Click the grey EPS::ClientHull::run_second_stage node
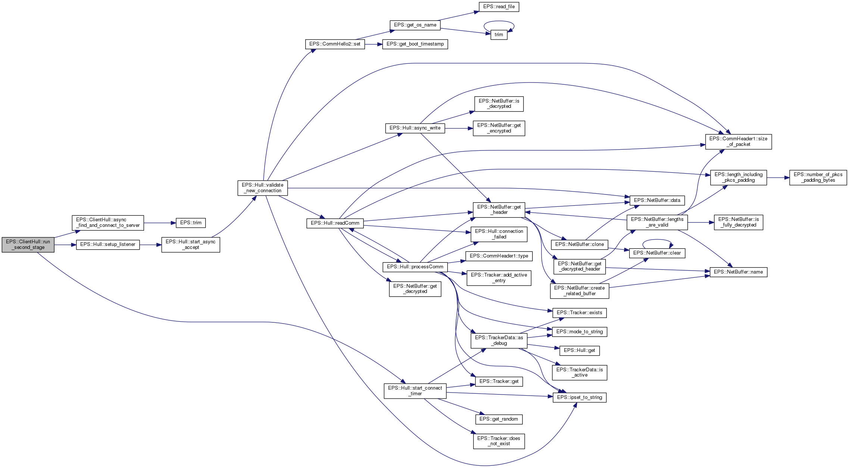click(x=28, y=244)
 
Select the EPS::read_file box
click(x=499, y=7)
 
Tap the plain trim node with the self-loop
click(x=499, y=35)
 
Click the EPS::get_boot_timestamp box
click(x=415, y=44)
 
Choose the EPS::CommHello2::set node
click(x=335, y=44)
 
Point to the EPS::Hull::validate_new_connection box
click(x=263, y=188)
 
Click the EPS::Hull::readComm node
click(x=335, y=223)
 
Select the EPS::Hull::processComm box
click(x=415, y=267)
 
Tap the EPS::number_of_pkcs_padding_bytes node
click(x=818, y=177)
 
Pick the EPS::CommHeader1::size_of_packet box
click(x=738, y=141)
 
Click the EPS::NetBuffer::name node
click(x=738, y=272)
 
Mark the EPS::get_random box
click(x=499, y=419)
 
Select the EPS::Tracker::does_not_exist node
click(x=499, y=441)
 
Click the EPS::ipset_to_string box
click(x=579, y=397)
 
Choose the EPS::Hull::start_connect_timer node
click(x=415, y=391)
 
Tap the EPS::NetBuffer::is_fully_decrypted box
click(x=738, y=222)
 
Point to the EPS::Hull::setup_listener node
click(x=108, y=244)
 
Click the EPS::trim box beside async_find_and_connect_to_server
click(x=191, y=223)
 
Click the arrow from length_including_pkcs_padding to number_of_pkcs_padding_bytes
click(x=778, y=178)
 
